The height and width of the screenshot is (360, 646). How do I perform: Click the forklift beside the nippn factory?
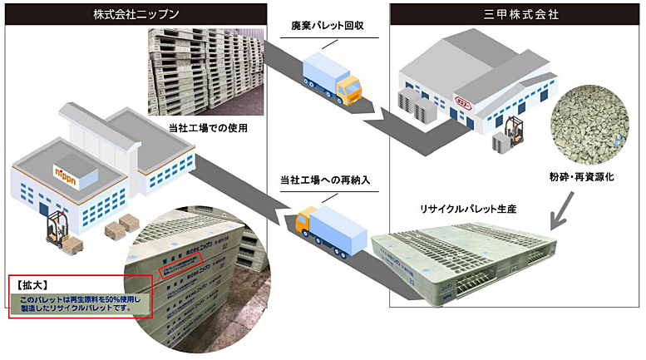click(x=57, y=232)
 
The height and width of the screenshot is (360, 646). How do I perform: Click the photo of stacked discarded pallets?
click(x=207, y=72)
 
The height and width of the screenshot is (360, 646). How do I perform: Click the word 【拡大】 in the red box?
click(x=34, y=284)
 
